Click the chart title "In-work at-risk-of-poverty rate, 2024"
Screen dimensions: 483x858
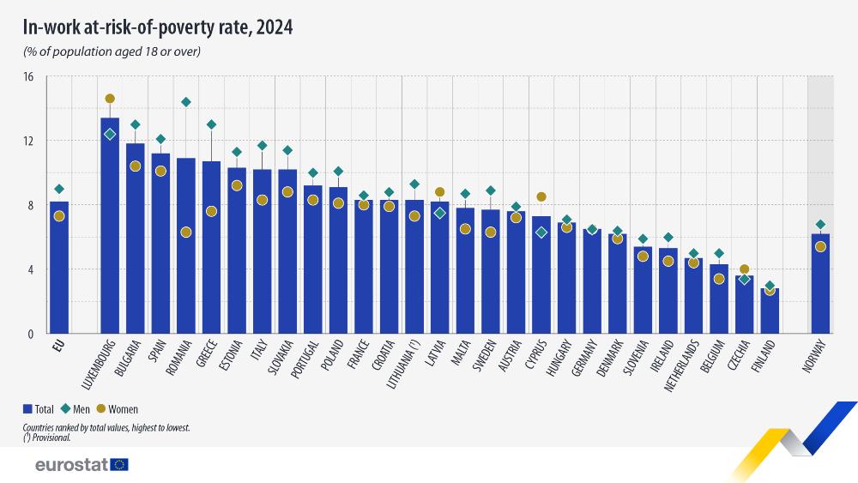tap(158, 27)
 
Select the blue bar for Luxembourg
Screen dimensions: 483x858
tap(110, 227)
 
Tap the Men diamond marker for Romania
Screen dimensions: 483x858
tap(186, 102)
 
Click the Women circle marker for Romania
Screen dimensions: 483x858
tap(186, 232)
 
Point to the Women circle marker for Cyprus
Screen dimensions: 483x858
tap(541, 196)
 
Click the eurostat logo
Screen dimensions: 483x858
tap(82, 465)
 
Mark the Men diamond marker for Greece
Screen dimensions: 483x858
tap(211, 124)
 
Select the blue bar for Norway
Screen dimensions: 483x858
tap(820, 283)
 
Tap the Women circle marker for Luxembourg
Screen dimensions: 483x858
tap(110, 99)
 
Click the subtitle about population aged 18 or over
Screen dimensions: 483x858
tap(112, 51)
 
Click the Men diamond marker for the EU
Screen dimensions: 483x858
tap(59, 189)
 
